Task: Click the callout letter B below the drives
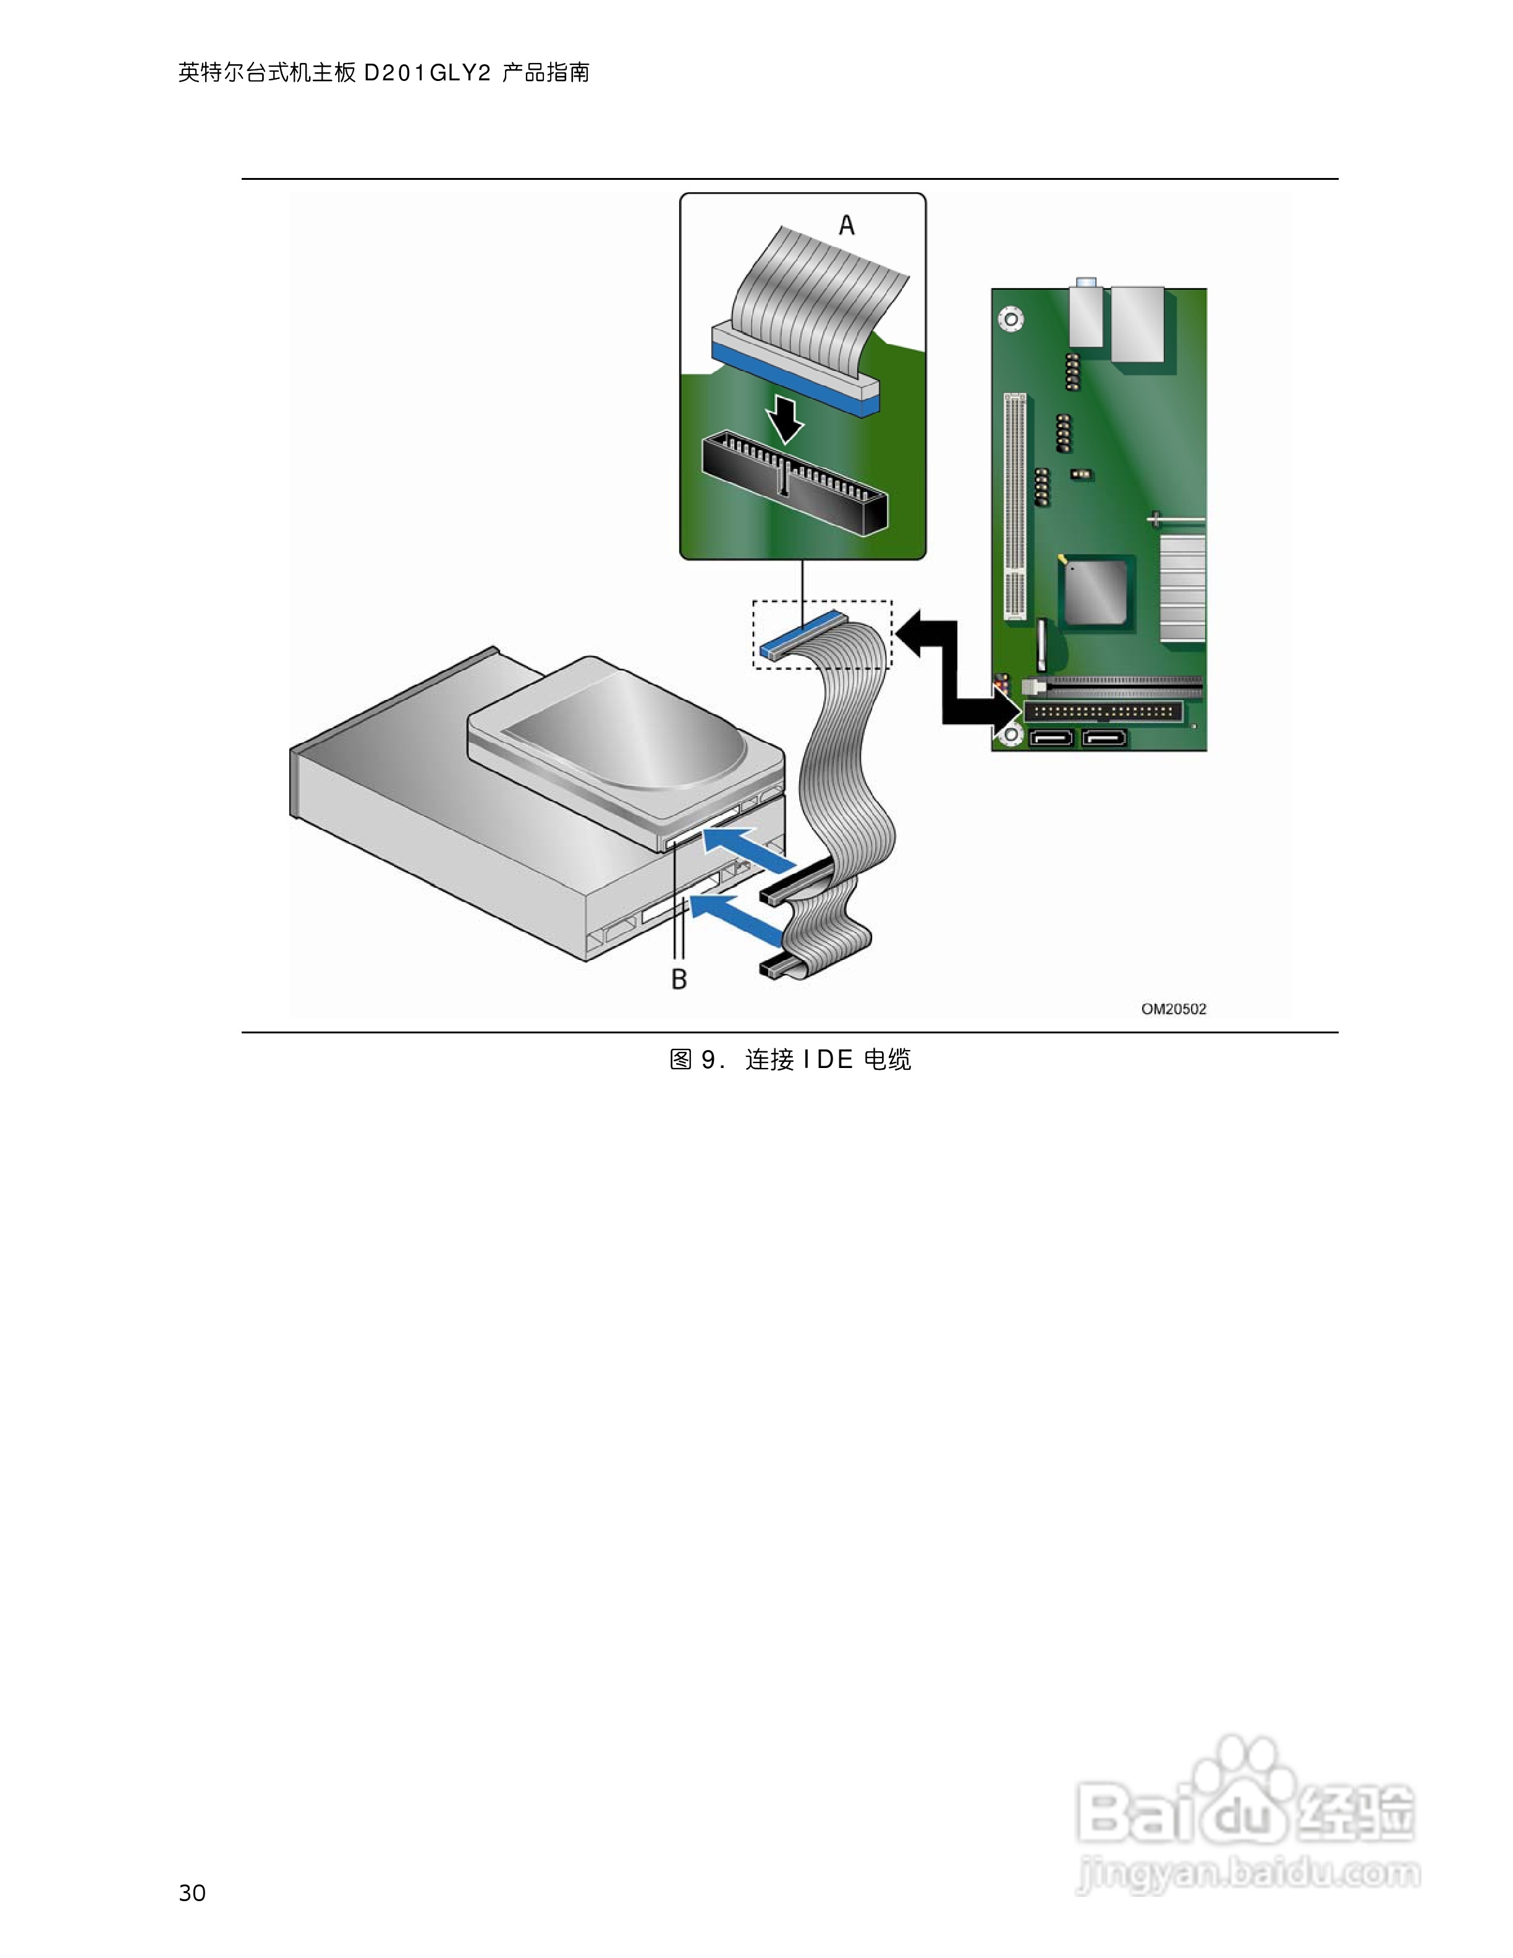click(x=679, y=979)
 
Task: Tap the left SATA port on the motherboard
click(x=1051, y=739)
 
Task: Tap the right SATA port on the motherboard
click(x=1104, y=739)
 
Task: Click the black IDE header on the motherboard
click(x=1103, y=713)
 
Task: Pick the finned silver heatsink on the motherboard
click(x=1182, y=587)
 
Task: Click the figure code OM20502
click(x=1173, y=1009)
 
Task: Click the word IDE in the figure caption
click(x=828, y=1060)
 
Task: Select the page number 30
click(x=192, y=1892)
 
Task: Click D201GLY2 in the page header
click(x=428, y=72)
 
